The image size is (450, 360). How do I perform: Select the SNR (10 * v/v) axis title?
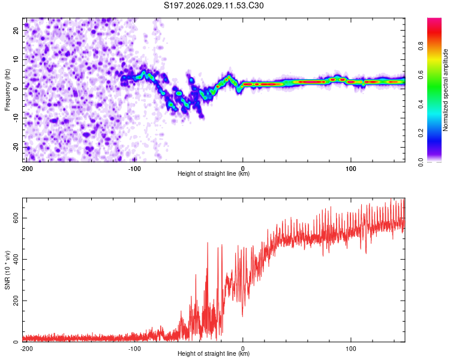click(7, 269)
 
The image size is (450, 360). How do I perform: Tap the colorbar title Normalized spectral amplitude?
click(446, 90)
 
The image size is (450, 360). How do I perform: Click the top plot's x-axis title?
click(214, 173)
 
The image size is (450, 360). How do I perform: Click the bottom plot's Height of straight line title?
click(214, 353)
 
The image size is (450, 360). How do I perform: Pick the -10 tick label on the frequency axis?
click(15, 118)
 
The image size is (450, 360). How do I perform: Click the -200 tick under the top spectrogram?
click(26, 168)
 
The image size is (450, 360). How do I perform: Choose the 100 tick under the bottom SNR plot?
click(351, 348)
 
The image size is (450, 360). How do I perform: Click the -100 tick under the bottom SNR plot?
click(134, 348)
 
